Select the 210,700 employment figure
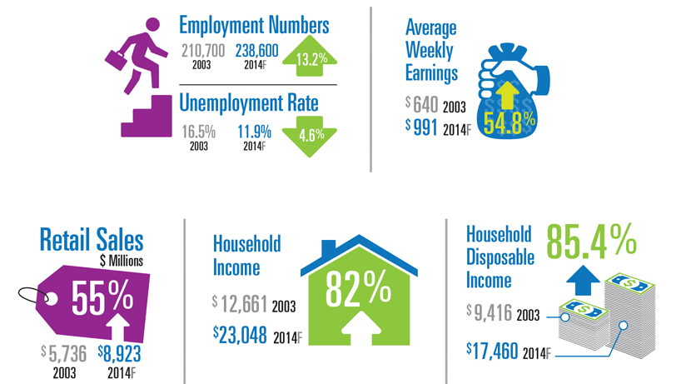203,52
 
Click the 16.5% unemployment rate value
200,131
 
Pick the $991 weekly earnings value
422,126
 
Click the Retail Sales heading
92,240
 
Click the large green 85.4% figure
591,240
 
